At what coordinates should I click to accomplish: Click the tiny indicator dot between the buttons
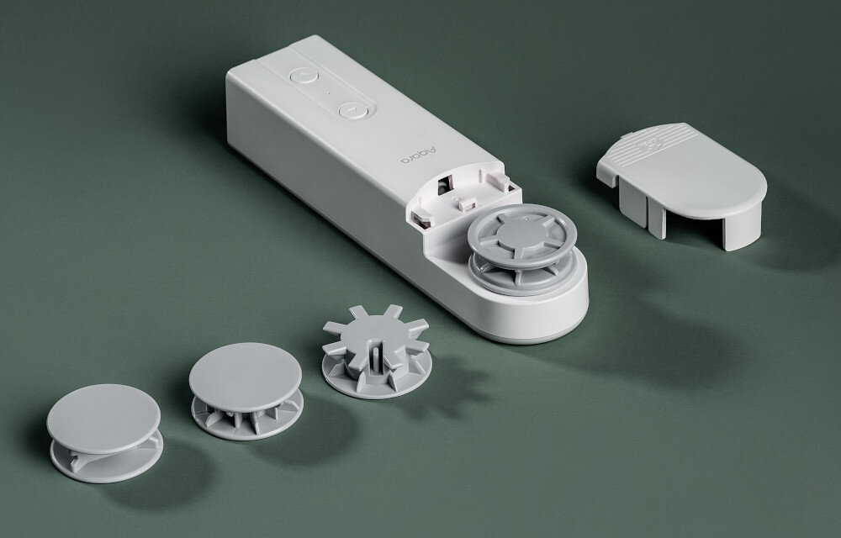(x=328, y=93)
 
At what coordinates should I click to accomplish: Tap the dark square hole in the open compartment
(x=443, y=186)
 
